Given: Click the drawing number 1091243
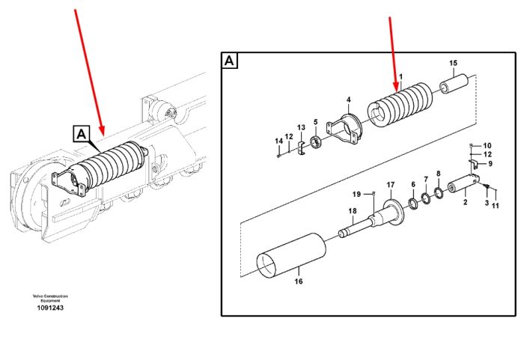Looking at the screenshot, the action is point(50,308).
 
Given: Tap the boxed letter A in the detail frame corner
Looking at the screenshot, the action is point(229,61).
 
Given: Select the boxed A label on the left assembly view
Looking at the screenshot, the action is point(82,134).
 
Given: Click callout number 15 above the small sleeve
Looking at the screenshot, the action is point(453,63).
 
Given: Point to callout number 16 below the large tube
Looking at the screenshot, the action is point(299,281).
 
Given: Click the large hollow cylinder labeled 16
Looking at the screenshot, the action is point(291,255).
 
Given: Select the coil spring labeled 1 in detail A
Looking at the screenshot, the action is point(400,105).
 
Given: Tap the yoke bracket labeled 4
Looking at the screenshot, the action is point(344,129).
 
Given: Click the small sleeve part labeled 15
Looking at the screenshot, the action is point(454,84).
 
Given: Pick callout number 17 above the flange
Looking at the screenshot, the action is point(391,185).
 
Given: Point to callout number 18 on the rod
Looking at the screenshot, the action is point(353,211).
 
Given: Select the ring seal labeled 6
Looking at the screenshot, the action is point(413,204).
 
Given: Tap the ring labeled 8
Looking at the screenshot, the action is point(439,192).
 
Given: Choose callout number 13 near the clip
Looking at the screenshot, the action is point(301,127).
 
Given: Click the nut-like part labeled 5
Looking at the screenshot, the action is point(316,142).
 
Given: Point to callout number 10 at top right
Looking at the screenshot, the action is point(487,146).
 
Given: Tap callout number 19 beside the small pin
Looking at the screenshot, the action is point(357,194).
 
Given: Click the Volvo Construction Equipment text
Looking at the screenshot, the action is point(50,298).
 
